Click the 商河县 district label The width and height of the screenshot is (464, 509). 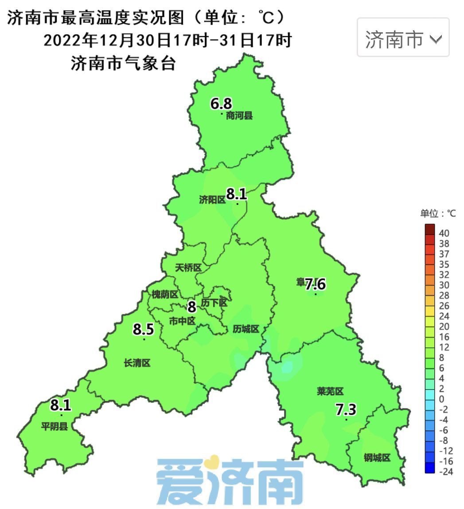[239, 116]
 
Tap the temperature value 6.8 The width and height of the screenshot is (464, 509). [221, 104]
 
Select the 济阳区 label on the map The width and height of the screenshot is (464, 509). [212, 200]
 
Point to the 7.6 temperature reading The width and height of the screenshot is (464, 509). [316, 284]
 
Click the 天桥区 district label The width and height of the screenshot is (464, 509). [188, 268]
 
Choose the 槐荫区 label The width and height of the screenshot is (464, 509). [165, 295]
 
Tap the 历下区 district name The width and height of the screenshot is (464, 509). [214, 303]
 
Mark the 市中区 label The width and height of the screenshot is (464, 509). [182, 321]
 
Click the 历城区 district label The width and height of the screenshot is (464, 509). [246, 329]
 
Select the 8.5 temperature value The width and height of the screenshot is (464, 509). [143, 330]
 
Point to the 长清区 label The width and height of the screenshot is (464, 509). [137, 363]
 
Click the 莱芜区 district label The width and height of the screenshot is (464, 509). [330, 391]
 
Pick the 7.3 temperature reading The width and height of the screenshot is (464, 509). [346, 410]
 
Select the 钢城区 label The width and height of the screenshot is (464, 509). [377, 458]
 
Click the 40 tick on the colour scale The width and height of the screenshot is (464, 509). [444, 233]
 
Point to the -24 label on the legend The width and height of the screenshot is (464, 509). [445, 472]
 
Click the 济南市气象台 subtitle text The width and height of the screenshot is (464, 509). [123, 64]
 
